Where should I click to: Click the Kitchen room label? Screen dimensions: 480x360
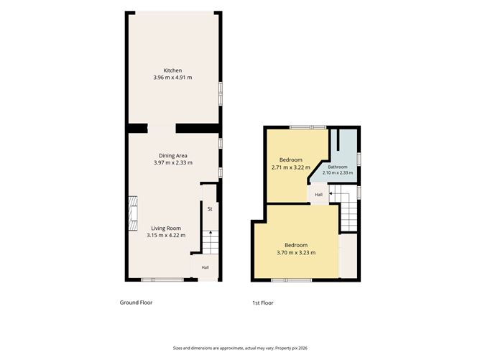[x=172, y=70]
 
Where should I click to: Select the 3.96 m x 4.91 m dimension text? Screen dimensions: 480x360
[x=172, y=78]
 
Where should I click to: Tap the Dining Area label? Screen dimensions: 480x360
[x=173, y=156]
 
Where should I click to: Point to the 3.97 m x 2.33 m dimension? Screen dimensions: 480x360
[x=173, y=163]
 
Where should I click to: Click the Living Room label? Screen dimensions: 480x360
[x=166, y=229]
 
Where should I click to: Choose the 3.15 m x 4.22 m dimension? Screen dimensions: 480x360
[x=166, y=236]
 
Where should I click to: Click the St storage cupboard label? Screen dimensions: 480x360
[x=210, y=209]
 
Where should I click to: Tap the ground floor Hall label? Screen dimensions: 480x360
[x=205, y=267]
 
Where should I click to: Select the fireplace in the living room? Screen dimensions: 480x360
[x=133, y=213]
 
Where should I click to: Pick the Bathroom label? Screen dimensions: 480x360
[x=338, y=167]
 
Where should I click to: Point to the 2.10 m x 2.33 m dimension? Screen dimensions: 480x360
[x=338, y=172]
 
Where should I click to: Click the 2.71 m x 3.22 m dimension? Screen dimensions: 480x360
[x=291, y=167]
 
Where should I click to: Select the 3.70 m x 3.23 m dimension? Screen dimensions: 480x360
[x=296, y=253]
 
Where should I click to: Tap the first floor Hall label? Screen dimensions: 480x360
[x=318, y=195]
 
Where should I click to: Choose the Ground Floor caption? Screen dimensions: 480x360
[x=136, y=303]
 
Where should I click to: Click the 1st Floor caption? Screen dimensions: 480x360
[x=263, y=303]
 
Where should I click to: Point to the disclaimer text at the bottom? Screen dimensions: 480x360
[x=240, y=348]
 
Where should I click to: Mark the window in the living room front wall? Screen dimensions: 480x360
[x=162, y=280]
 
